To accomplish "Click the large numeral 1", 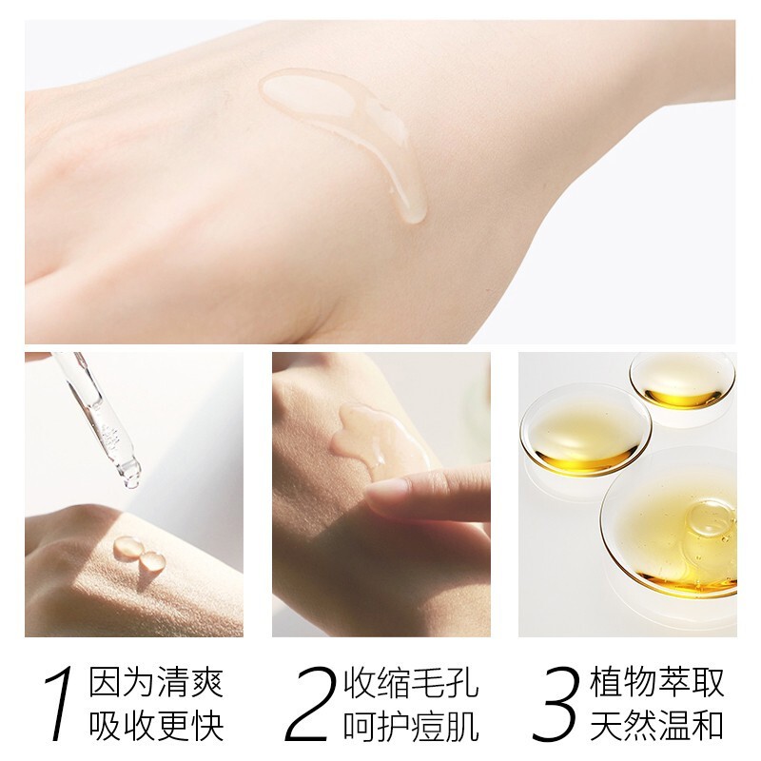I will [x=59, y=705].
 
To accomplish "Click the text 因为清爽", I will [x=156, y=682].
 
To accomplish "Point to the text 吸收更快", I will [x=156, y=728].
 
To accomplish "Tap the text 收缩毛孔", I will [x=410, y=682].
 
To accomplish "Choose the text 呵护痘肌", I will [x=410, y=728].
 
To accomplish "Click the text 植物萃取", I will [x=657, y=682].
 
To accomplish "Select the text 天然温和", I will [x=657, y=728].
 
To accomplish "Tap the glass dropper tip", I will [x=130, y=473].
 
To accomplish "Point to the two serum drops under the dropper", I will [x=136, y=553].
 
